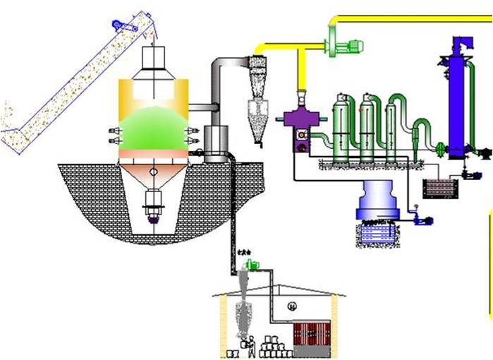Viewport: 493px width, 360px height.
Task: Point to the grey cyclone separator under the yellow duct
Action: click(x=259, y=95)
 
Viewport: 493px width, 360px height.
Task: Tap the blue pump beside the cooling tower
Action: click(x=422, y=219)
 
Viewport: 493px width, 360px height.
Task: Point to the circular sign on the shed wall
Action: click(x=291, y=305)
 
